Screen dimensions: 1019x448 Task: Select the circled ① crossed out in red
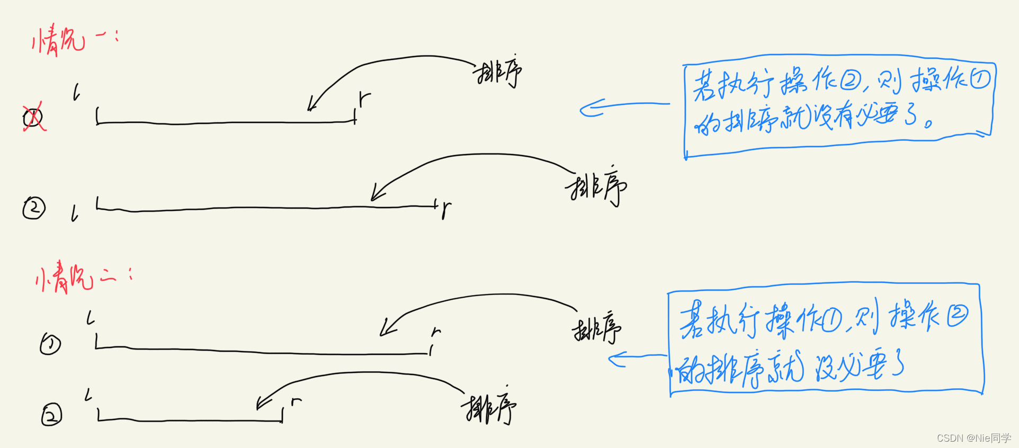pyautogui.click(x=33, y=118)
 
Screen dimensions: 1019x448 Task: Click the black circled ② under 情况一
pyautogui.click(x=34, y=208)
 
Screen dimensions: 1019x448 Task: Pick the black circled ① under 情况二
pyautogui.click(x=51, y=344)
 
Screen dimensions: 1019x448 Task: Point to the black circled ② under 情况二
pyautogui.click(x=51, y=415)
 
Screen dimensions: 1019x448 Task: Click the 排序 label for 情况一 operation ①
pyautogui.click(x=498, y=73)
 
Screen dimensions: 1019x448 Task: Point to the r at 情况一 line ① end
pyautogui.click(x=364, y=98)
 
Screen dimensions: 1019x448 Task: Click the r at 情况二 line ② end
pyautogui.click(x=296, y=402)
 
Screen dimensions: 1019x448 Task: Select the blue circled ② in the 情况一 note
pyautogui.click(x=851, y=81)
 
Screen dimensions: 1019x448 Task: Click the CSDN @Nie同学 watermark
pyautogui.click(x=973, y=438)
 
